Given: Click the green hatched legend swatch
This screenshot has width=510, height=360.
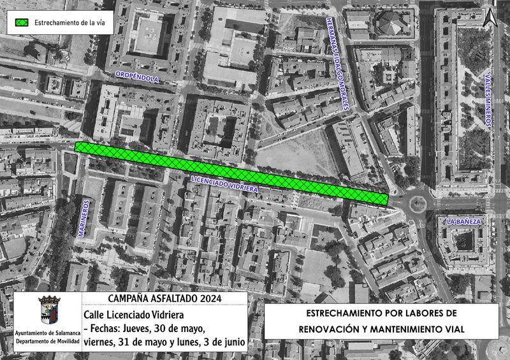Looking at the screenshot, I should click(22, 22).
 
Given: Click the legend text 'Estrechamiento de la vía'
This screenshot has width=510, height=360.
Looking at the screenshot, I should click(70, 22).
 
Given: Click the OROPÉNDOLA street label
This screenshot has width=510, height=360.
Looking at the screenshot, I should click(136, 79).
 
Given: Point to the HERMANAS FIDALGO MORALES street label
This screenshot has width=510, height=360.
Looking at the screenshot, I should click(338, 64).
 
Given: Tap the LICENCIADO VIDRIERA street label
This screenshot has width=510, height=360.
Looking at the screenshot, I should click(224, 185).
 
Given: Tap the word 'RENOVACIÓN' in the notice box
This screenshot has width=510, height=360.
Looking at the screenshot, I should click(334, 329).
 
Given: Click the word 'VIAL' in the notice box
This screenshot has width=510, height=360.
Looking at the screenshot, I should click(453, 329).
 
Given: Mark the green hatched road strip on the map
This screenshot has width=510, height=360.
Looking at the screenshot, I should click(231, 173).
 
